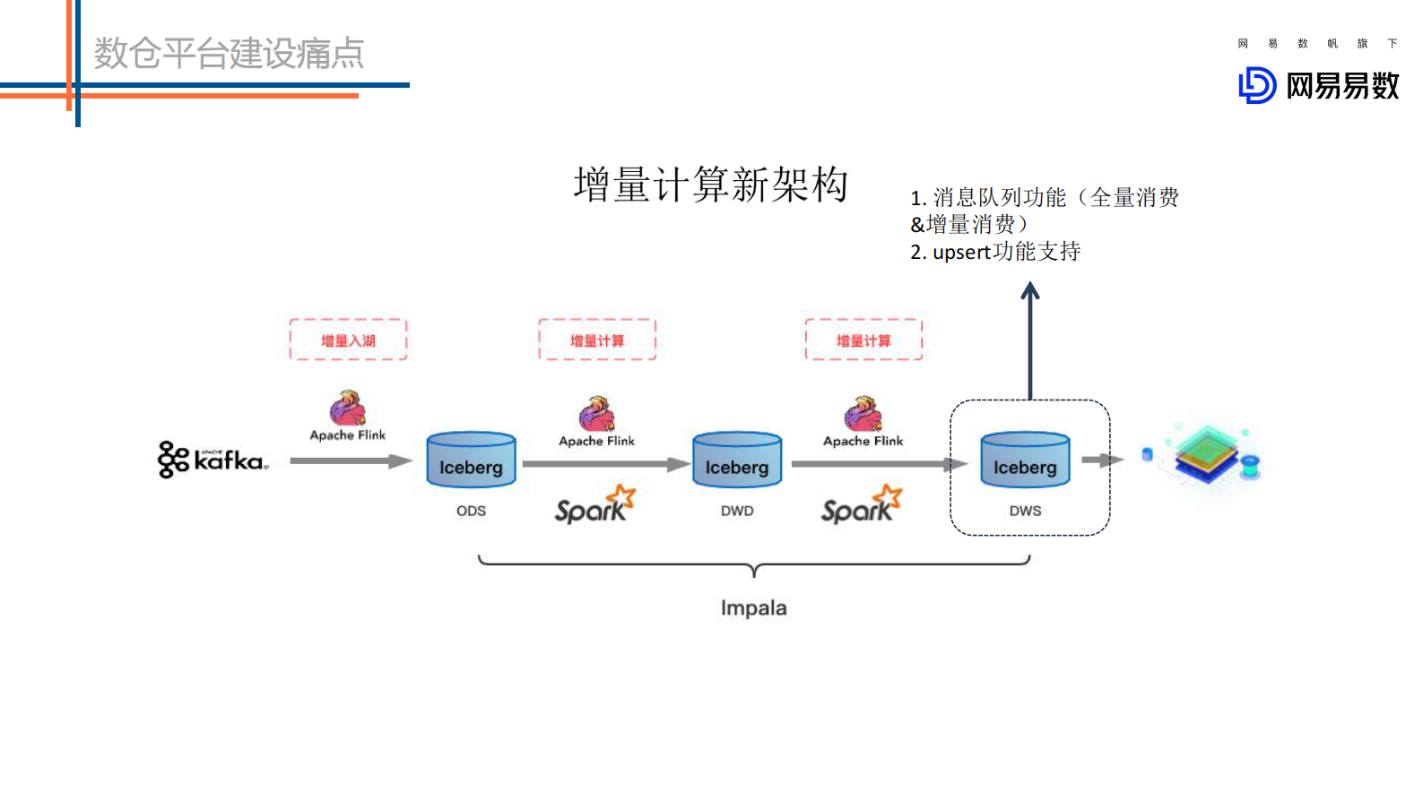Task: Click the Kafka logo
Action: pyautogui.click(x=213, y=459)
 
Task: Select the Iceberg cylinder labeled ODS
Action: pyautogui.click(x=471, y=460)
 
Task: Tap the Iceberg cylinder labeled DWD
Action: pyautogui.click(x=737, y=460)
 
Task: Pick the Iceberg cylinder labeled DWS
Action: pyautogui.click(x=1025, y=460)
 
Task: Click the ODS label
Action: pyautogui.click(x=471, y=511)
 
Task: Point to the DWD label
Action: pyautogui.click(x=737, y=511)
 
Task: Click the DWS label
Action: pyautogui.click(x=1025, y=511)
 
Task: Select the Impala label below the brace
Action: pyautogui.click(x=753, y=608)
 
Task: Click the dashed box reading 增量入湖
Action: pyautogui.click(x=348, y=340)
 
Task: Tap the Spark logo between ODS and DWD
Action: pyautogui.click(x=594, y=505)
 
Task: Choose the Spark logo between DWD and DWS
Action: pyautogui.click(x=861, y=505)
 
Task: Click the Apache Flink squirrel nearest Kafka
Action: pyautogui.click(x=347, y=409)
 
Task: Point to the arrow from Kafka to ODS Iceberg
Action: pyautogui.click(x=350, y=461)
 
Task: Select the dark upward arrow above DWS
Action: pyautogui.click(x=1030, y=340)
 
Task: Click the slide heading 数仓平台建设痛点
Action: pyautogui.click(x=229, y=54)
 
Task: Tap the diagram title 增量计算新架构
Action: pyautogui.click(x=710, y=185)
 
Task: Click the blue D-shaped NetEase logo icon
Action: pyautogui.click(x=1257, y=86)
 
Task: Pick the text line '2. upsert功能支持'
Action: pyautogui.click(x=995, y=253)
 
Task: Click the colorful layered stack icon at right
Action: pyautogui.click(x=1209, y=454)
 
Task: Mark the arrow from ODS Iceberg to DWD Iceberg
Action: pyautogui.click(x=605, y=464)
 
